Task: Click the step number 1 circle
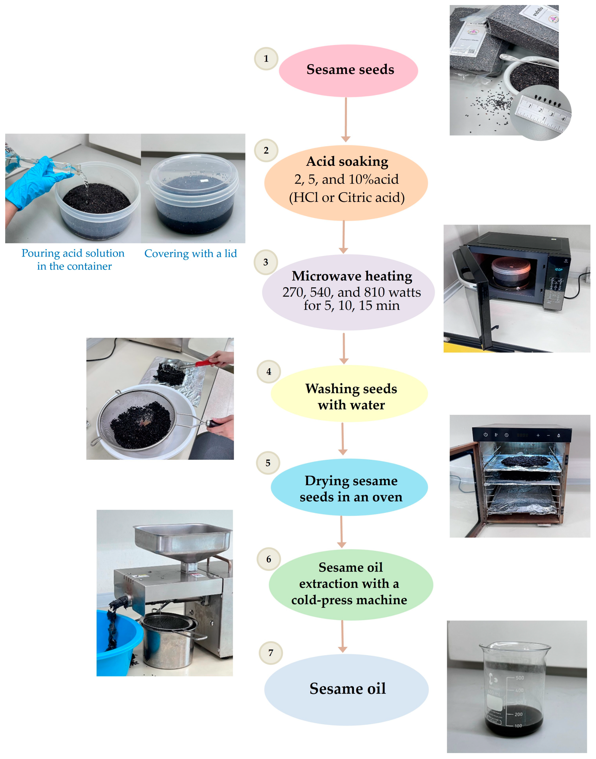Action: [266, 59]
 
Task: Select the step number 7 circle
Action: [271, 653]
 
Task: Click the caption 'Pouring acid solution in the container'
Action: [73, 260]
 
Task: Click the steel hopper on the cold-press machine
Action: [182, 540]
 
